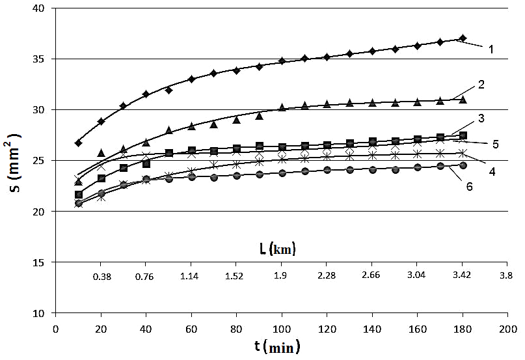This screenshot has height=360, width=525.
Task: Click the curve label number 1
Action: [493, 49]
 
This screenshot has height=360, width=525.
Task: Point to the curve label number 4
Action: [492, 171]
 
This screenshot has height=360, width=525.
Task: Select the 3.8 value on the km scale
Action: [505, 276]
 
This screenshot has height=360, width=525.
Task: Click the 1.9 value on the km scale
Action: [280, 276]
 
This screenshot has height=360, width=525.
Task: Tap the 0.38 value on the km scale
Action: [101, 276]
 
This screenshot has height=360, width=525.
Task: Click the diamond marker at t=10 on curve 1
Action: [79, 143]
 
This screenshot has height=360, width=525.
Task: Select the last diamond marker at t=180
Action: [463, 38]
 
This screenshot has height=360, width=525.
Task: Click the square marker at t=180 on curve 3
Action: [463, 135]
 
